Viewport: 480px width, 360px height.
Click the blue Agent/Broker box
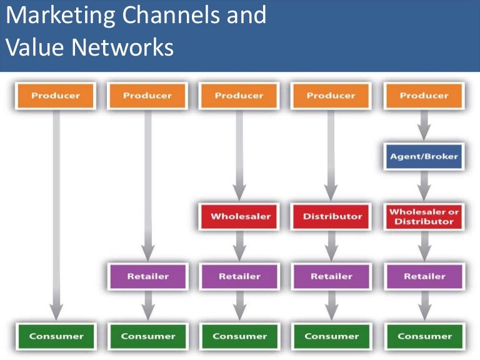coord(424,156)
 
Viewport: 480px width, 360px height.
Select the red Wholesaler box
coord(241,216)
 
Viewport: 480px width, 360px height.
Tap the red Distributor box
coord(332,216)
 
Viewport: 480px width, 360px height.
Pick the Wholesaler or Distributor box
coord(424,216)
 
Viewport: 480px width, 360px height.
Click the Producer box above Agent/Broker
coord(424,96)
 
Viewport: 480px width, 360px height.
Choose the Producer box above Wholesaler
coord(241,96)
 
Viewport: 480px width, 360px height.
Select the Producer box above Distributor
coord(332,96)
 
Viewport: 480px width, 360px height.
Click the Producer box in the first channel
coord(56,96)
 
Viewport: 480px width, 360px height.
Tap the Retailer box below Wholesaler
coord(241,276)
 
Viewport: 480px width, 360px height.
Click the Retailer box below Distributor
coord(332,276)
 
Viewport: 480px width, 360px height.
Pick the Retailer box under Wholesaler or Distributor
coord(424,276)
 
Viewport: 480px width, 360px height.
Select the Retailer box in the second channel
coord(148,276)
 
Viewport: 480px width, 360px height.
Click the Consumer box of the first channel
coord(56,336)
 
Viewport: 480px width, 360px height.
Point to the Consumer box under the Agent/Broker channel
coord(424,336)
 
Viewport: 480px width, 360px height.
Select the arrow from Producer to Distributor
coord(332,153)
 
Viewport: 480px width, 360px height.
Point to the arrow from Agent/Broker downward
coord(424,186)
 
